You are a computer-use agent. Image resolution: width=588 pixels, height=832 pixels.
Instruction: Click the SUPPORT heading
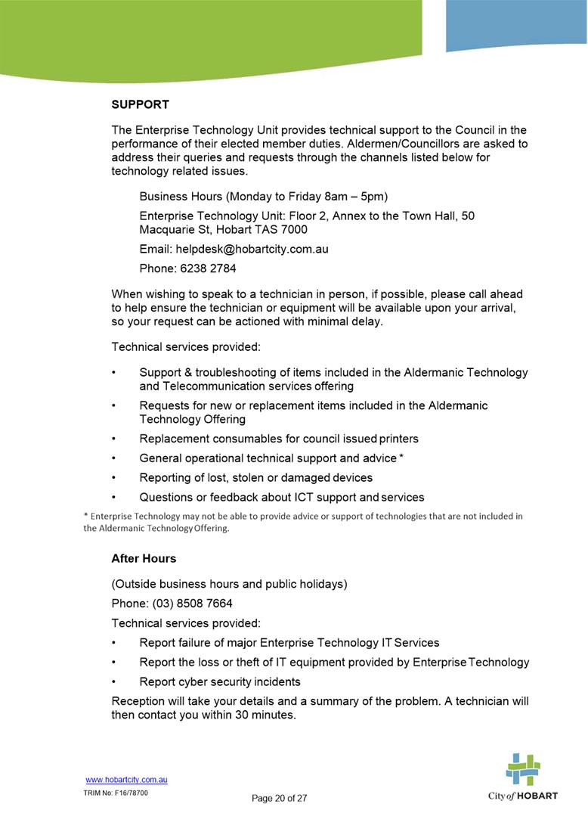tap(140, 104)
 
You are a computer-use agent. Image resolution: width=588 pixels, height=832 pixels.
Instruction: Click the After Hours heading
tap(144, 559)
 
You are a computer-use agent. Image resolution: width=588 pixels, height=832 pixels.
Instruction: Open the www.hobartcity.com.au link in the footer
tap(126, 780)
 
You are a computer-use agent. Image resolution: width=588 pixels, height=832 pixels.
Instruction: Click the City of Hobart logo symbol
tap(523, 769)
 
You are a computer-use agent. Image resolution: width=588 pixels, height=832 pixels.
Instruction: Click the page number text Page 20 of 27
tap(280, 798)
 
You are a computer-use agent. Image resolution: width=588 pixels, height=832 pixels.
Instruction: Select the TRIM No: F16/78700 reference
tap(116, 793)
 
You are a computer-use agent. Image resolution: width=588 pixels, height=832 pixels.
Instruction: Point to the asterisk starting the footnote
tap(85, 517)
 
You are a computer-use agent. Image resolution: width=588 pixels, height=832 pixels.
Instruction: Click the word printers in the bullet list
tap(398, 439)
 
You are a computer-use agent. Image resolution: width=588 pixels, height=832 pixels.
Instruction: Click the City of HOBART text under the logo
tap(523, 797)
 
